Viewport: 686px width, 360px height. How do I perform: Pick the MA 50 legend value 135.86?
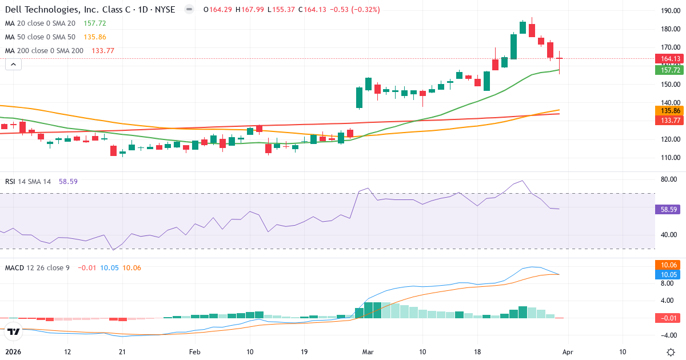click(x=95, y=37)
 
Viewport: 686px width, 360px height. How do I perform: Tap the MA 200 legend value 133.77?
click(x=103, y=51)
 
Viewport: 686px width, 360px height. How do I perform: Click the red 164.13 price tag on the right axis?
click(x=670, y=59)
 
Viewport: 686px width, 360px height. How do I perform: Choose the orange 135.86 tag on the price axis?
click(x=670, y=110)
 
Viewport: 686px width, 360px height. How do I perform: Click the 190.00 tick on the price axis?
click(x=670, y=11)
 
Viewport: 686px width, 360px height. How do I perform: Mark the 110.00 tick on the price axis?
click(x=670, y=158)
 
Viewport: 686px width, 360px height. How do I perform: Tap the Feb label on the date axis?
click(x=195, y=352)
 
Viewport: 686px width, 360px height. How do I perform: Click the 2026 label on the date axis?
click(x=13, y=352)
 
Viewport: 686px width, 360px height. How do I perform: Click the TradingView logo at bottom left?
click(x=14, y=331)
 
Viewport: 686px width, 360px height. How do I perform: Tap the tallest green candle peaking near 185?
click(x=523, y=27)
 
